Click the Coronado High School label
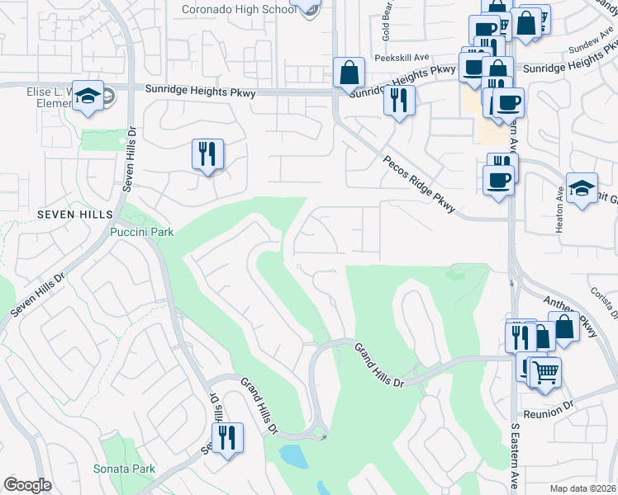[x=239, y=9]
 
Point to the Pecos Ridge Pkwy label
[x=419, y=185]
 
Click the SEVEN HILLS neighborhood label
[x=74, y=214]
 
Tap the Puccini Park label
[x=141, y=232]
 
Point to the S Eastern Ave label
[x=514, y=459]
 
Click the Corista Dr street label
[x=611, y=302]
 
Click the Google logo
[x=27, y=485]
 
